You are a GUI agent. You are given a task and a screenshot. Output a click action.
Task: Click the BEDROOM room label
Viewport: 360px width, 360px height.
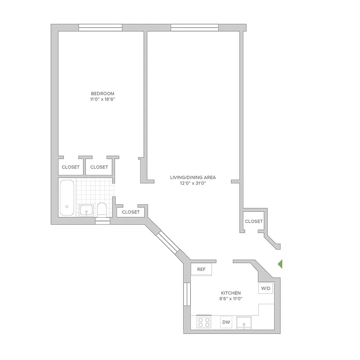(x=99, y=94)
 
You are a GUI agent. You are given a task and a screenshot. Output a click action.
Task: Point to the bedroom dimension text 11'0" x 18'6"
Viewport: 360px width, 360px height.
(x=99, y=99)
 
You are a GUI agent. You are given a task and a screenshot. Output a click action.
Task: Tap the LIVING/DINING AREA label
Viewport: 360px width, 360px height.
(x=193, y=177)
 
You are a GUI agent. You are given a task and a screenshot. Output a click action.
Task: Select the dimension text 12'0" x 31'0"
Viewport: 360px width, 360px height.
(x=193, y=183)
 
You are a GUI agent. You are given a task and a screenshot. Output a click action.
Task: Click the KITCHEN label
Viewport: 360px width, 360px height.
(x=231, y=293)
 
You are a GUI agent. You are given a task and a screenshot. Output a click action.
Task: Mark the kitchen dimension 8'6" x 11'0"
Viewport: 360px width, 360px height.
(x=231, y=299)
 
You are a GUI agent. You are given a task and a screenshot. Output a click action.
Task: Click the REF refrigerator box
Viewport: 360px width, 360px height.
(x=202, y=269)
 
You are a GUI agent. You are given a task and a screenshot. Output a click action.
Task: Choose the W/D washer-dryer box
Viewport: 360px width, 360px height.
(x=265, y=288)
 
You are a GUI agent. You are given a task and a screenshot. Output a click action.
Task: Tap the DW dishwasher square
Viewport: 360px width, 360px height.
(x=226, y=322)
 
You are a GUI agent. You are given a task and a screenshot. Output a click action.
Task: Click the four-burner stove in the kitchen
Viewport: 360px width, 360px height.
(x=204, y=322)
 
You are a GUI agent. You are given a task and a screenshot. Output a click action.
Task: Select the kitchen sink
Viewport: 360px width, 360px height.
(x=245, y=322)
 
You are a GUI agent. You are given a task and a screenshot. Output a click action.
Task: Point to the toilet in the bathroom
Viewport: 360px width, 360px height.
(x=102, y=209)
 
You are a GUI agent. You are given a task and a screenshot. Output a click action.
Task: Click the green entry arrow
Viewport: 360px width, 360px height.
(x=279, y=264)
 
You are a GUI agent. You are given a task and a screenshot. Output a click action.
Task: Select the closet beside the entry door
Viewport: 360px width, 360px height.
(x=253, y=221)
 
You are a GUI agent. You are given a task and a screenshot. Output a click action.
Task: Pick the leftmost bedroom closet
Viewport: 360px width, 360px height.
(x=70, y=167)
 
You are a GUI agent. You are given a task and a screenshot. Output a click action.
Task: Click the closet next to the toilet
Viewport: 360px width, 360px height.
(x=130, y=212)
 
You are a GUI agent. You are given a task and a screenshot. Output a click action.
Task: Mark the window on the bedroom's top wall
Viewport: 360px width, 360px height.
(x=100, y=27)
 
